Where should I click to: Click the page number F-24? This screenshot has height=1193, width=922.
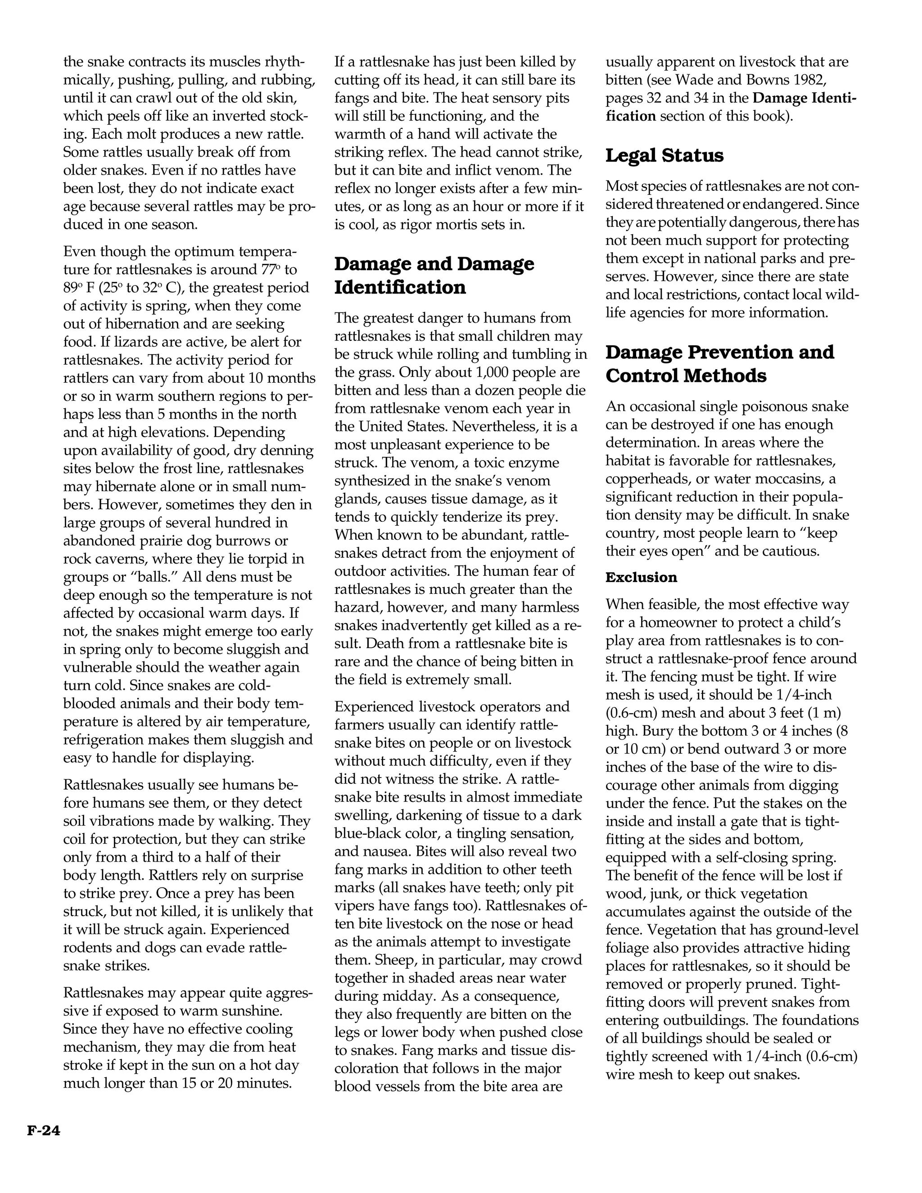(x=44, y=1130)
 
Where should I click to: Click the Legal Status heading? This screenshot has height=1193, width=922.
(x=664, y=156)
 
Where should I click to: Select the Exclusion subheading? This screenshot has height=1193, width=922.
(x=641, y=578)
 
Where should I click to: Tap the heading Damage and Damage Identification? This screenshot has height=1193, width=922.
(x=434, y=276)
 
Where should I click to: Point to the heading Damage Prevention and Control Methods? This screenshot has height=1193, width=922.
(x=719, y=364)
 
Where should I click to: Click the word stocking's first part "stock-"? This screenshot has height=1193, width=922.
(x=287, y=116)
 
